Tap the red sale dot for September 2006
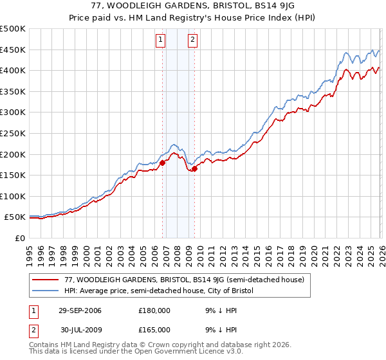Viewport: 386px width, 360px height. [162, 163]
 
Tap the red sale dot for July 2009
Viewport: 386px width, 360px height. [194, 169]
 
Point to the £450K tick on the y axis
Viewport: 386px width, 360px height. [13, 50]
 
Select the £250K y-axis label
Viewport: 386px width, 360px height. [13, 133]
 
